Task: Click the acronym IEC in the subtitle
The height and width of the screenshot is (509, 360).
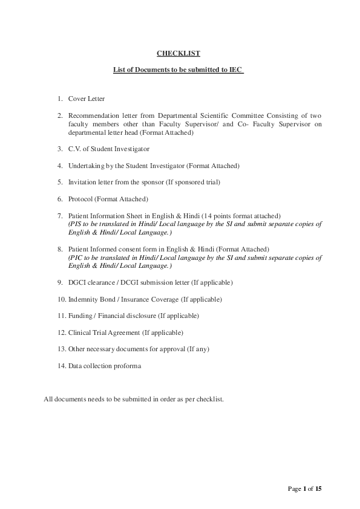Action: [x=235, y=71]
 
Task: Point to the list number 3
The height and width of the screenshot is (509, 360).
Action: [x=60, y=149]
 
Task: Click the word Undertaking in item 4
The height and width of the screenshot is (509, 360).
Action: [x=85, y=165]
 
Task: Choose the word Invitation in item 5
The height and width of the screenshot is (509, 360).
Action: [x=83, y=182]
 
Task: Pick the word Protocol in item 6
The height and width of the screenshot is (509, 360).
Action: [x=80, y=199]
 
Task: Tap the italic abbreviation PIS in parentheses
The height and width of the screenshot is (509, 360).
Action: [x=76, y=224]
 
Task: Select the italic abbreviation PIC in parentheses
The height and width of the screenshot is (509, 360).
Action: [x=76, y=257]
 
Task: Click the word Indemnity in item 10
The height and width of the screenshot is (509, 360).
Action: [x=84, y=299]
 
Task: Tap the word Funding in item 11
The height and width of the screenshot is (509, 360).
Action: [x=80, y=316]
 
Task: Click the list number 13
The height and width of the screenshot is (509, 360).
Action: [x=61, y=349]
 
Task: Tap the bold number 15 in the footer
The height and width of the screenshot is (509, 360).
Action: [x=318, y=488]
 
